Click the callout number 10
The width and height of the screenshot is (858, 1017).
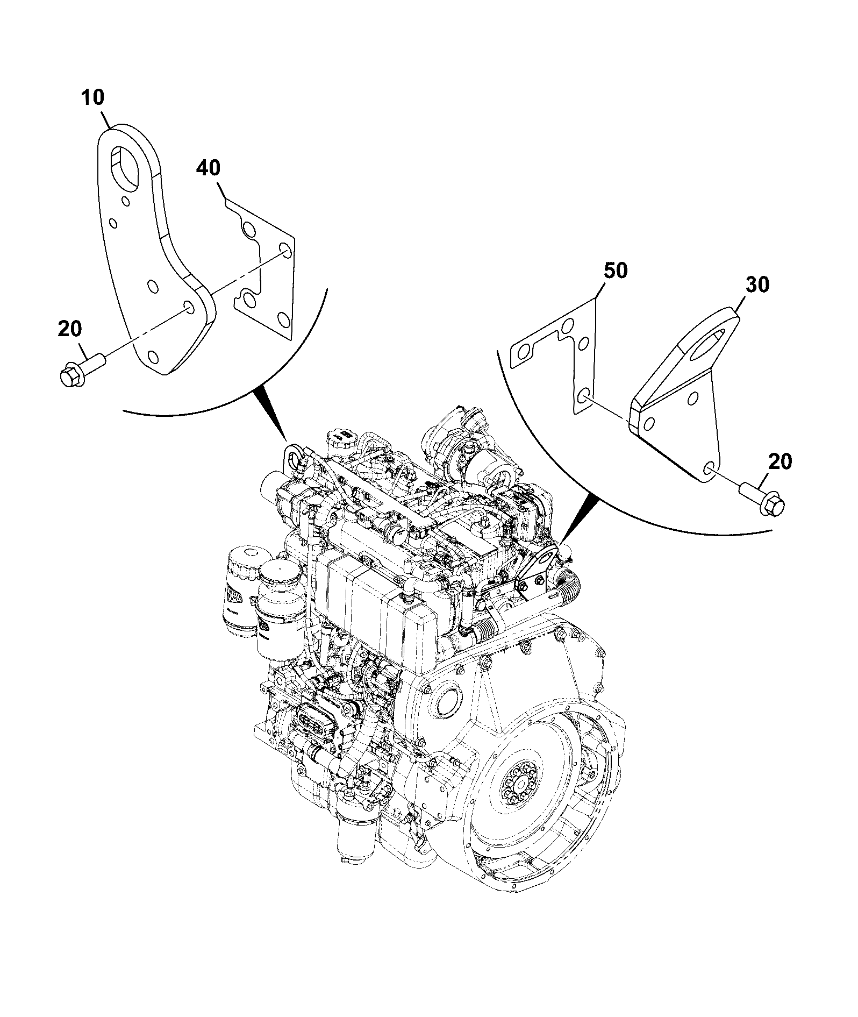pos(93,98)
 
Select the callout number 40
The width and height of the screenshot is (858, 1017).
pos(208,168)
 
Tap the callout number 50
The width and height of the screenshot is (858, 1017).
pos(615,271)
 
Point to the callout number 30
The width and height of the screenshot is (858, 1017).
pos(757,285)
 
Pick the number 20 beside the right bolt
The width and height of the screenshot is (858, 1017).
pos(780,461)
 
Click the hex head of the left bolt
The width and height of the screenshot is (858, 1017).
pos(69,374)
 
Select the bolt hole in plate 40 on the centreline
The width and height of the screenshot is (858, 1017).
pos(286,250)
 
